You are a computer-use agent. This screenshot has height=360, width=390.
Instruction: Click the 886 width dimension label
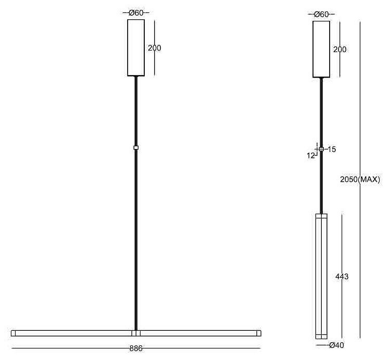(x=136, y=349)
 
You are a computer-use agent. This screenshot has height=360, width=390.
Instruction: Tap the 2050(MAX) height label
(x=360, y=179)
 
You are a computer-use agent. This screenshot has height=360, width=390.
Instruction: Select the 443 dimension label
(x=342, y=277)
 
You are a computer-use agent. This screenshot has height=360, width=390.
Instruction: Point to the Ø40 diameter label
(x=336, y=345)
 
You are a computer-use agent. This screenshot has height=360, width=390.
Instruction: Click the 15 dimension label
(x=332, y=150)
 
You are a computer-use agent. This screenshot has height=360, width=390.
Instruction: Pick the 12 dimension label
(x=311, y=155)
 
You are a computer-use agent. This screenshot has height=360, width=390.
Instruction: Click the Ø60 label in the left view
(x=136, y=13)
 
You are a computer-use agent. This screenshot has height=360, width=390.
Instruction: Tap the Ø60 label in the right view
(x=321, y=15)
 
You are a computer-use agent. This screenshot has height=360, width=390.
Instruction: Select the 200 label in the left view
(x=155, y=48)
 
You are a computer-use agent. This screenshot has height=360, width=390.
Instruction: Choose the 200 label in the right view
(x=340, y=49)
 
